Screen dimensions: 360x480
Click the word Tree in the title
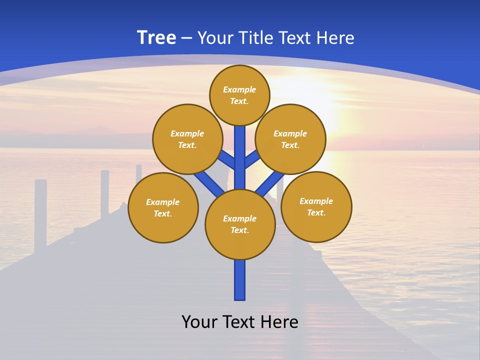coord(156,37)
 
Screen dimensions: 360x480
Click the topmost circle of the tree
coord(239,95)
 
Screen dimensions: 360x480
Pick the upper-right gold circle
coord(290,139)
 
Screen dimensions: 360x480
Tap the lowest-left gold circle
coord(163,207)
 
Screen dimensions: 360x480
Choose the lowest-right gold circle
coord(316,206)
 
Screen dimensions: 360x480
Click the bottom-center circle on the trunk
coord(240,224)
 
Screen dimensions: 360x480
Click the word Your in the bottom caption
coord(198,322)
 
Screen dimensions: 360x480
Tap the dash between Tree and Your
coord(186,38)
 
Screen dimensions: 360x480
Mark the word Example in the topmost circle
coord(239,89)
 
